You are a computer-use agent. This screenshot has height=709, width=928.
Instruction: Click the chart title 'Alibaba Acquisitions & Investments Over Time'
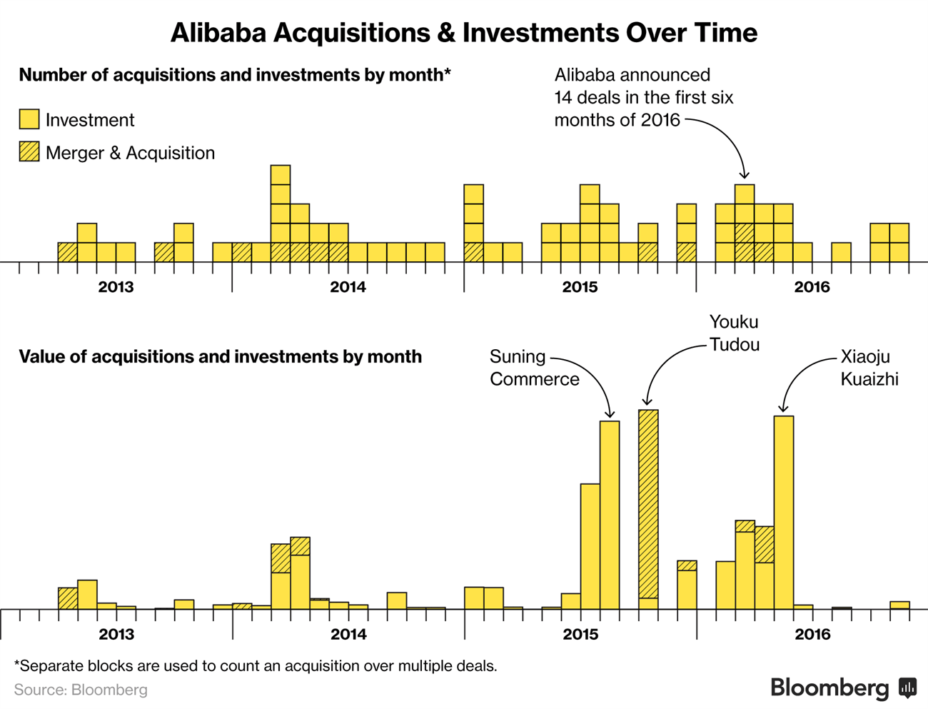(x=464, y=33)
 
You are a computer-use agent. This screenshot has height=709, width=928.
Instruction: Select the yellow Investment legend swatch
(x=29, y=119)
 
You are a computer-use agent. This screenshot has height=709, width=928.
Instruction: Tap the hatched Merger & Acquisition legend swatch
(x=29, y=151)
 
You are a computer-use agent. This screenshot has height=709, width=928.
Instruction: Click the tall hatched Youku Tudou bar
(x=648, y=509)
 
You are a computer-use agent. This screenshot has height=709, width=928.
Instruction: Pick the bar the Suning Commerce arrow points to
(x=610, y=515)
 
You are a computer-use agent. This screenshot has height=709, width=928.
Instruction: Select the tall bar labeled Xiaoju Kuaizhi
(x=783, y=513)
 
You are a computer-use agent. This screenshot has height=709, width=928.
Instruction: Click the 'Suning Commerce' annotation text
(x=535, y=368)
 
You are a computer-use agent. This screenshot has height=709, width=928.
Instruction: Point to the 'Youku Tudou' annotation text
(x=735, y=333)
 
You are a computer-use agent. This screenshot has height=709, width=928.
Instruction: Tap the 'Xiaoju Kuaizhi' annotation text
(x=869, y=368)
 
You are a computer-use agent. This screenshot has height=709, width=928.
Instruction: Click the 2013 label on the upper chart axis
(x=116, y=287)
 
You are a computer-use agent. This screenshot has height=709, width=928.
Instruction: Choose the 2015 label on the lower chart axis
(x=580, y=634)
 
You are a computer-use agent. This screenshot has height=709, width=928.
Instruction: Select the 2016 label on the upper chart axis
(x=812, y=287)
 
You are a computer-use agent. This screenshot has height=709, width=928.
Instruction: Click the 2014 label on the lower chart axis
(x=348, y=634)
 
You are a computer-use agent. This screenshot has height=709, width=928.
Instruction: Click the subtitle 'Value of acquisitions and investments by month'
(x=221, y=357)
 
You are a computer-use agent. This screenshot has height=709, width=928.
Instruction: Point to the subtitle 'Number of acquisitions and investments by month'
(x=235, y=75)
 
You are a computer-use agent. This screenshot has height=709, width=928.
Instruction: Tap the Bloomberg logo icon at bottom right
(x=907, y=688)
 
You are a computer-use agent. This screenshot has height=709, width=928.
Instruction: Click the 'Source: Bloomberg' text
(x=81, y=690)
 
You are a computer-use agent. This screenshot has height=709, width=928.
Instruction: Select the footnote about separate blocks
(x=256, y=666)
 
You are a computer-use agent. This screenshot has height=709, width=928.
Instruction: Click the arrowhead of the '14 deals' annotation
(x=744, y=175)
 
